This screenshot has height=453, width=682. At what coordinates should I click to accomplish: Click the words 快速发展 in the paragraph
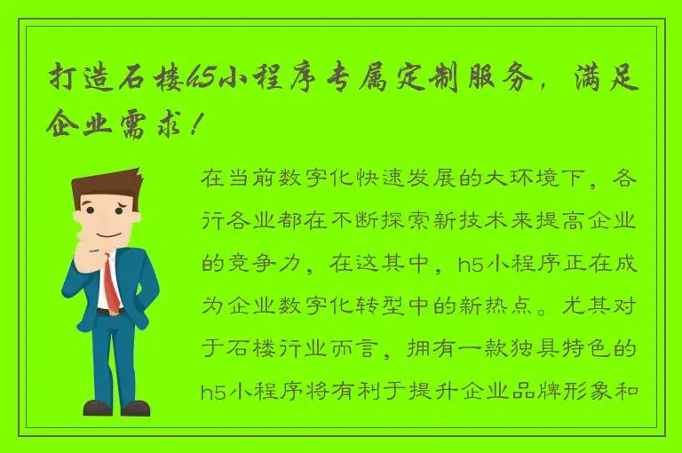click(399, 177)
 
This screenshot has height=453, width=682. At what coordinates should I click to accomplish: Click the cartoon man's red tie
click(111, 285)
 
